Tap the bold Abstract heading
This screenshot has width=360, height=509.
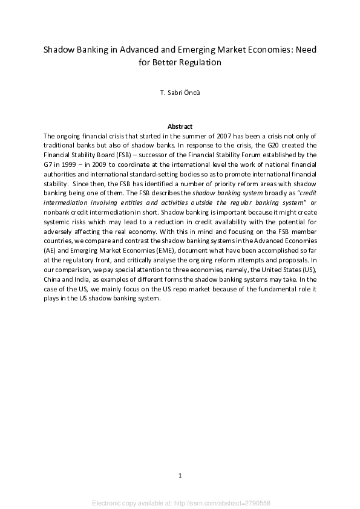(180, 126)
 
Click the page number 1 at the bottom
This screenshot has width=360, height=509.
(180, 475)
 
